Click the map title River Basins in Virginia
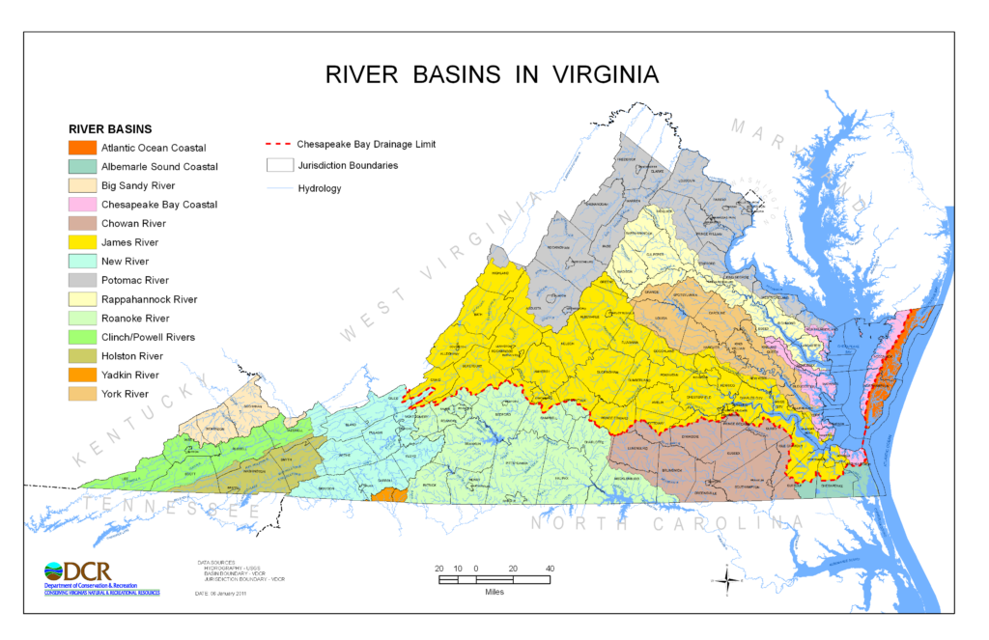[493, 74]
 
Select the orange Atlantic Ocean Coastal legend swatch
[82, 148]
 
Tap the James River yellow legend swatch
[82, 242]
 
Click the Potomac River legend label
[136, 280]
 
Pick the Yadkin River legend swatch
[82, 375]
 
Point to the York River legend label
[125, 394]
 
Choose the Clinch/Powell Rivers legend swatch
[82, 337]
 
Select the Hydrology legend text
[320, 188]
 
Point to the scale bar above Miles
[494, 579]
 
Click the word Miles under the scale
[494, 592]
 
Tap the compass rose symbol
[726, 579]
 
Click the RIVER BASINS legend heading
[109, 128]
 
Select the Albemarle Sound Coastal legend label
[159, 167]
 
